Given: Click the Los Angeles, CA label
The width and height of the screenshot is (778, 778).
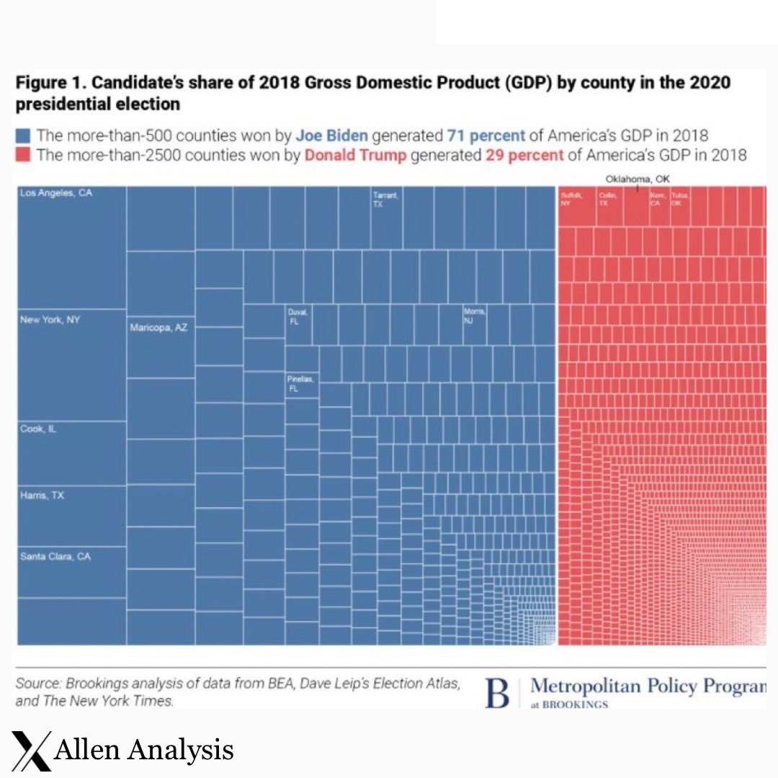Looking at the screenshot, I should click(56, 193).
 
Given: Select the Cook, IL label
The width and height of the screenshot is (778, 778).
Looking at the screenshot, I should click(38, 429).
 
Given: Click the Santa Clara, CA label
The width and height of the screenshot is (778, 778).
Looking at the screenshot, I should click(55, 557).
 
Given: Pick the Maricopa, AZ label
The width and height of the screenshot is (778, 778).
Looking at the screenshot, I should click(158, 328).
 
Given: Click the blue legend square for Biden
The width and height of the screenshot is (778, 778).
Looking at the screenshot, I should click(23, 135).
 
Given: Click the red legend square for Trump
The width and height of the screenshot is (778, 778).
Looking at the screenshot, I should click(23, 155).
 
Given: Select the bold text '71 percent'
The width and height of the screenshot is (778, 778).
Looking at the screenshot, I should click(486, 135).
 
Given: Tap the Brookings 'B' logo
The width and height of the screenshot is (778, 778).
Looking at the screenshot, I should click(498, 692).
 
